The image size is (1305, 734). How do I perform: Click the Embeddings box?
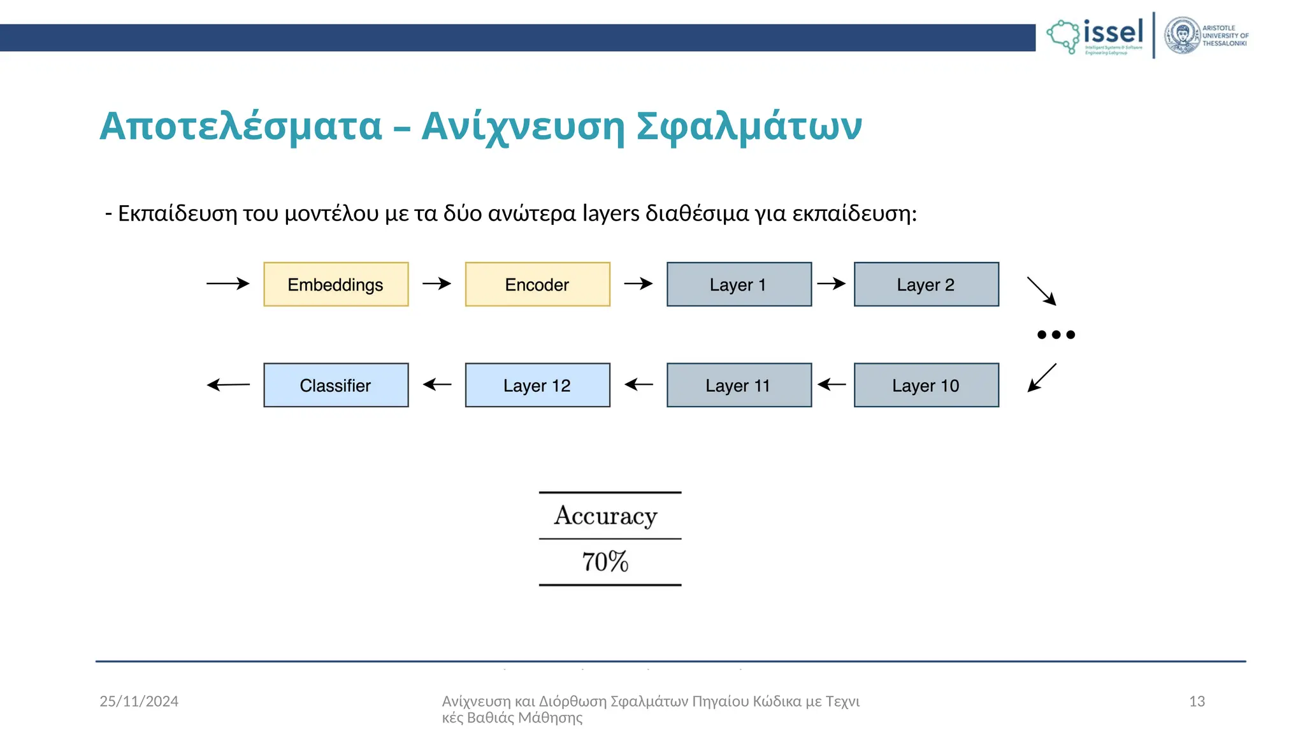click(x=336, y=284)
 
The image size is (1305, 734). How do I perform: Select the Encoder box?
click(x=537, y=284)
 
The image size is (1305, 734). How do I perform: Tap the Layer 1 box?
click(x=739, y=284)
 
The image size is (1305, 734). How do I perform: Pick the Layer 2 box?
click(x=926, y=284)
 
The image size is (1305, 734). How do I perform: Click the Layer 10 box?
click(x=926, y=385)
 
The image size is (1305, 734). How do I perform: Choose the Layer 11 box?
click(x=739, y=385)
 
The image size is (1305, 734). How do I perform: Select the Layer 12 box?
click(x=537, y=385)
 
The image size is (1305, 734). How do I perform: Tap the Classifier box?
click(x=336, y=385)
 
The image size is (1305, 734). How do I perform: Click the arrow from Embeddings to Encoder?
click(x=436, y=284)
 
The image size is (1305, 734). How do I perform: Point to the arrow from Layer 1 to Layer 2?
click(x=832, y=284)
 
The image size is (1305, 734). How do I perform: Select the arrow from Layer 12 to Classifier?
click(x=437, y=384)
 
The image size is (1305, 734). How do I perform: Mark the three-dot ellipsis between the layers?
click(x=1056, y=335)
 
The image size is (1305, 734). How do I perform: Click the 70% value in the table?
click(x=605, y=562)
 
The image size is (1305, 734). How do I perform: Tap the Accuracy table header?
click(x=605, y=515)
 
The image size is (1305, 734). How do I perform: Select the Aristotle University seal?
click(x=1182, y=36)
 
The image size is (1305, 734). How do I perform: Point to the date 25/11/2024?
click(x=139, y=702)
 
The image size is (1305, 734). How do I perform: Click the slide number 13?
click(x=1197, y=702)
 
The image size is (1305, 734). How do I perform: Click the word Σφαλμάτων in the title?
click(x=749, y=126)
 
